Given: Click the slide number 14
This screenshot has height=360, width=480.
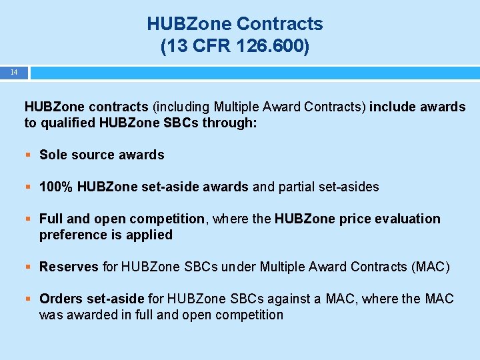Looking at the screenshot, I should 14,72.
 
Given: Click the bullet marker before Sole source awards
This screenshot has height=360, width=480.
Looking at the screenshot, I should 29,155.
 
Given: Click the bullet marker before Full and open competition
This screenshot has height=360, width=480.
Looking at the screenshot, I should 29,219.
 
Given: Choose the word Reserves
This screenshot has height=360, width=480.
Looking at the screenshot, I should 69,267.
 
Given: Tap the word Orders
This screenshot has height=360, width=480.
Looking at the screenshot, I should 61,299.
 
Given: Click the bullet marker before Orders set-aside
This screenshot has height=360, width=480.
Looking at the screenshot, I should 29,299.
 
